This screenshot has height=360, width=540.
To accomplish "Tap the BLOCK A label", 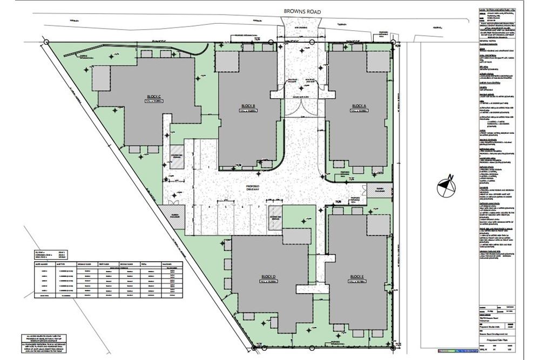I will click(359, 105).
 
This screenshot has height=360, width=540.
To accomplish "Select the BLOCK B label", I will click(248, 105).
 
